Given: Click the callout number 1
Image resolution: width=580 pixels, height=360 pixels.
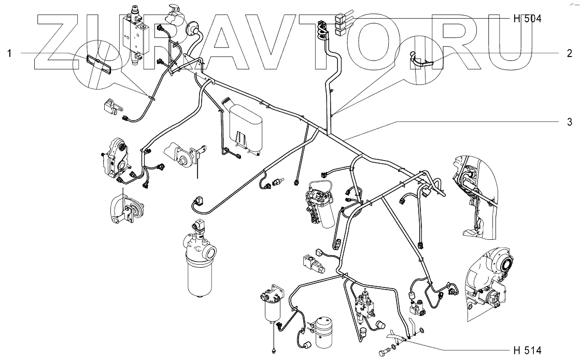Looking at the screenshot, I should click(x=9, y=53).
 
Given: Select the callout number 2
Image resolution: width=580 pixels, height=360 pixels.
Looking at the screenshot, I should click(x=569, y=53).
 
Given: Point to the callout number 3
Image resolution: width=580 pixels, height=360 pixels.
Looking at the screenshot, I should click(x=569, y=122).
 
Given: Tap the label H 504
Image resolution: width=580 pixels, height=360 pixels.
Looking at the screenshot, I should click(x=527, y=19).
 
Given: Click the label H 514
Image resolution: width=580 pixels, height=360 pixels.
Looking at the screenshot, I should click(x=527, y=349).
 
